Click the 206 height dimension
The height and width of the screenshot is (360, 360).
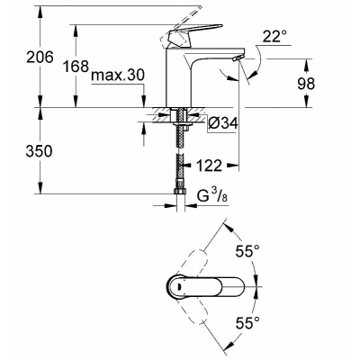[40, 57]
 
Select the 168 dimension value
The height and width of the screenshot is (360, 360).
[76, 66]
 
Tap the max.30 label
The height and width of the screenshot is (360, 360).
[118, 76]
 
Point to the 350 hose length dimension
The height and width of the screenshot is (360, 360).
[39, 151]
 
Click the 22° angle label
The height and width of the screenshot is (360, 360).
[274, 37]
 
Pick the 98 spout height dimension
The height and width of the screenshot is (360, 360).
[306, 84]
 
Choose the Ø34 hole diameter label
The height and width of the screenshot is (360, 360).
[222, 123]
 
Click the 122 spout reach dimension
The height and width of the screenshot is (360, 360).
[209, 165]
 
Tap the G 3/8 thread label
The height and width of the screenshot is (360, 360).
[211, 196]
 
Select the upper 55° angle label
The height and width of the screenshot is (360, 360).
[247, 251]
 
